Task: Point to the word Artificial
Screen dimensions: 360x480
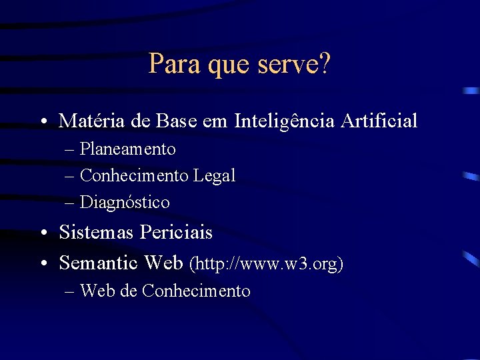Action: tap(379, 121)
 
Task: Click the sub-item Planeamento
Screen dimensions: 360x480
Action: tap(128, 149)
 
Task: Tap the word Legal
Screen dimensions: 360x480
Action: tap(214, 175)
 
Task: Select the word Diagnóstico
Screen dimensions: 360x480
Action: tap(125, 202)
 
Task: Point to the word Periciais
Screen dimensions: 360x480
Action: tap(175, 232)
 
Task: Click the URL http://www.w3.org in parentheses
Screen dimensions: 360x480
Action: tap(266, 264)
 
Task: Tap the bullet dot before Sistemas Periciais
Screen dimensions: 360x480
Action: tap(43, 233)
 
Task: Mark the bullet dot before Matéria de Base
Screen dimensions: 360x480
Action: tap(43, 122)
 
